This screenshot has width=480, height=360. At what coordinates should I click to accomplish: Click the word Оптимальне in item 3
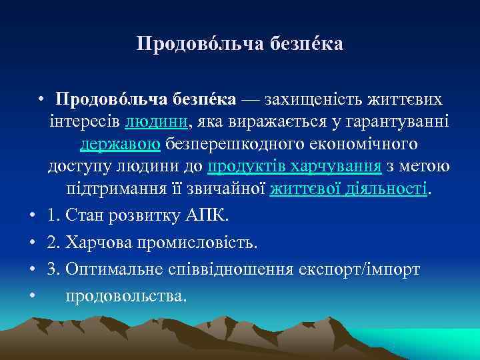click(108, 269)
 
